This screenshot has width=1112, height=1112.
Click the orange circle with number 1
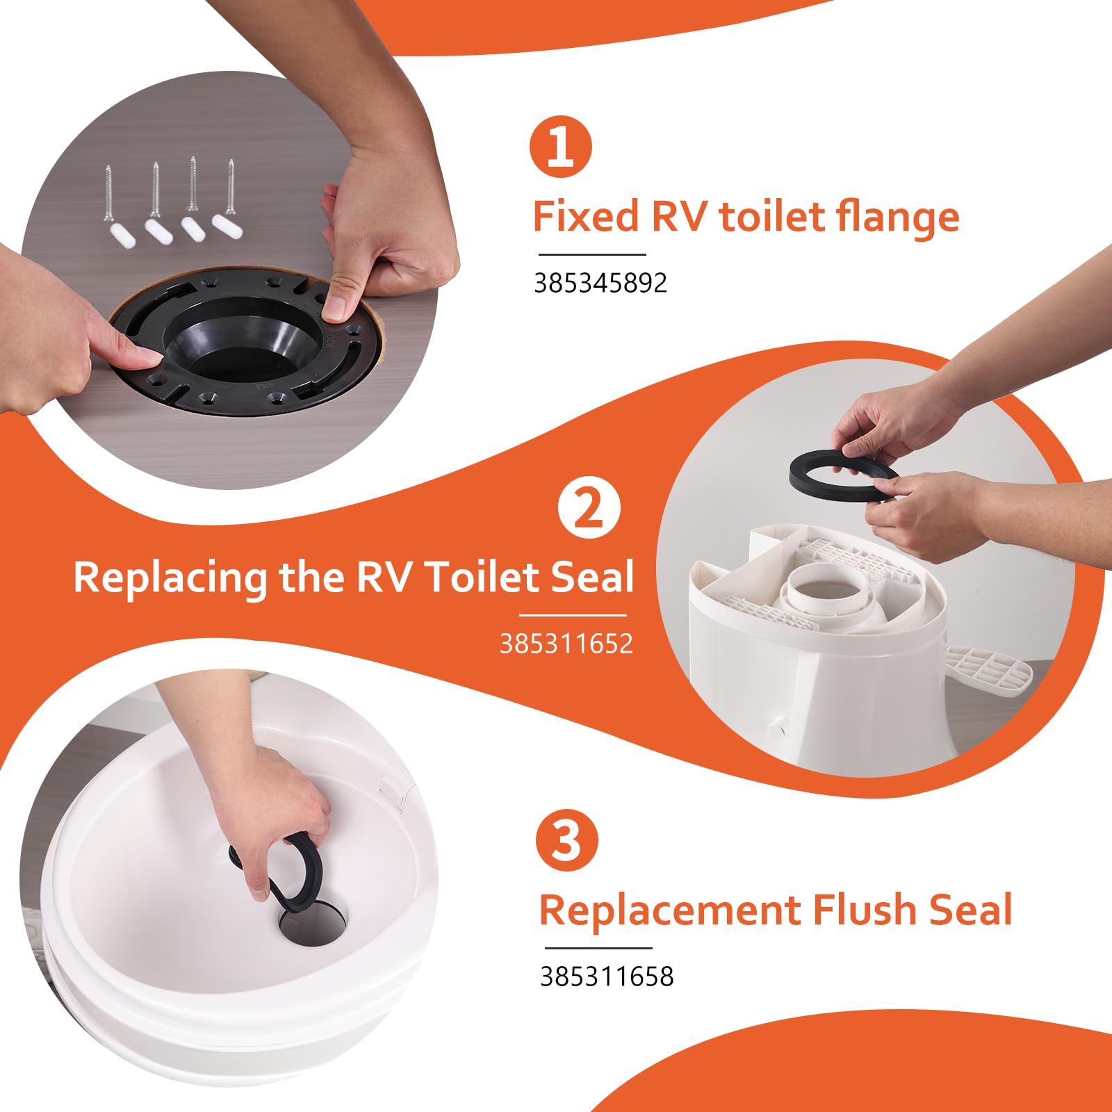click(x=560, y=147)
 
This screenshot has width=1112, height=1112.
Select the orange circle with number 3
click(x=566, y=840)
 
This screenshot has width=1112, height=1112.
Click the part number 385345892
click(x=600, y=283)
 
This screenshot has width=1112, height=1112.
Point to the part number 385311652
click(x=566, y=644)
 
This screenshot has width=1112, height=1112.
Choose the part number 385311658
click(x=607, y=976)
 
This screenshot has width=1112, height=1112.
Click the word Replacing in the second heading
click(x=170, y=578)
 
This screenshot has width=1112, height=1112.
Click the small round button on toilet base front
click(x=776, y=728)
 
